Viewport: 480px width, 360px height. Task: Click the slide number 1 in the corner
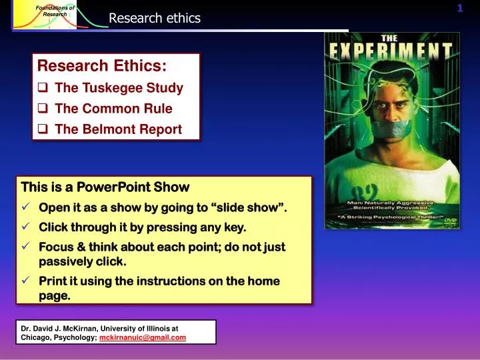tap(460, 8)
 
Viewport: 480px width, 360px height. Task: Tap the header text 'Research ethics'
tap(155, 18)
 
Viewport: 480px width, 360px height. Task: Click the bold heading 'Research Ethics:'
tap(102, 66)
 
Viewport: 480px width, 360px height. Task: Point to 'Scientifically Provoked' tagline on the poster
tap(401, 208)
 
